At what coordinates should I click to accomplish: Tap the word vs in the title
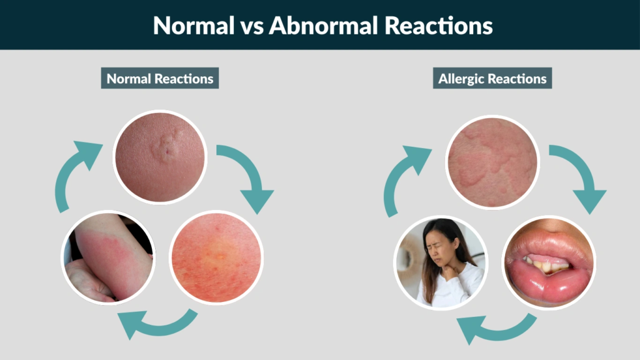(x=244, y=25)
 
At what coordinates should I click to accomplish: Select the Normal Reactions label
(x=160, y=79)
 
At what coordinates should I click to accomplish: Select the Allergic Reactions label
(x=492, y=79)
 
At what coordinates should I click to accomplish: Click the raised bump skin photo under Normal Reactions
(x=160, y=156)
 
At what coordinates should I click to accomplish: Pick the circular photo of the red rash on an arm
(x=108, y=257)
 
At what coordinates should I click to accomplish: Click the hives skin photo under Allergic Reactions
(x=492, y=161)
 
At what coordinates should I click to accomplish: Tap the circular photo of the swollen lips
(x=549, y=261)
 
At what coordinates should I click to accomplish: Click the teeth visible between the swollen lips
(x=544, y=263)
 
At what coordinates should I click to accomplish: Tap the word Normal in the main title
(x=188, y=25)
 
